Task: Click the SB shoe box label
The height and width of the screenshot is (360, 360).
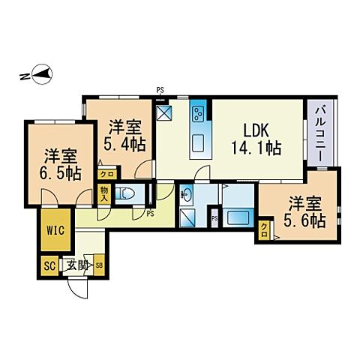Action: point(97,265)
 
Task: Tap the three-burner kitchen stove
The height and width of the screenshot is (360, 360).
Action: point(198,115)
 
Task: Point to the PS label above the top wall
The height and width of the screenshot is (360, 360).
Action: point(160,91)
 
